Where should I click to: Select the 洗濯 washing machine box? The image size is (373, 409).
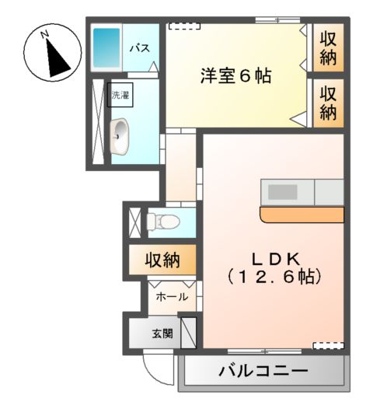point(120,96)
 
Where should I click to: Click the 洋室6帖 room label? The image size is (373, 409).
point(236,77)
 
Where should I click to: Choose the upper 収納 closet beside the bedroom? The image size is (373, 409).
point(329,47)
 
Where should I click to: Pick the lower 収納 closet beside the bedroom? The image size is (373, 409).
point(329,102)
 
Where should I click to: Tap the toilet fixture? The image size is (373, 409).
point(162,220)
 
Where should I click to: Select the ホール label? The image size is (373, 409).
point(171,297)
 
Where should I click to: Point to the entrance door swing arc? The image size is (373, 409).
point(156,369)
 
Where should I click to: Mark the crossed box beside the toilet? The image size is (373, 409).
point(134,220)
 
